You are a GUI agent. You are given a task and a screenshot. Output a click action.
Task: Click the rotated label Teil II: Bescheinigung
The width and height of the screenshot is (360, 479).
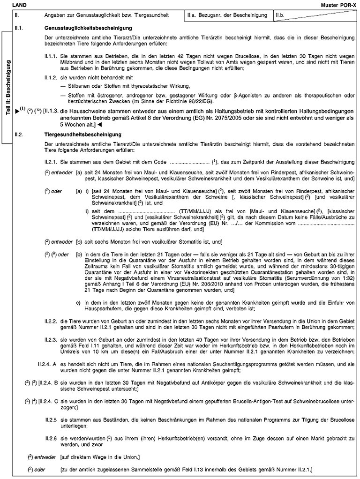pyautogui.click(x=8, y=88)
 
